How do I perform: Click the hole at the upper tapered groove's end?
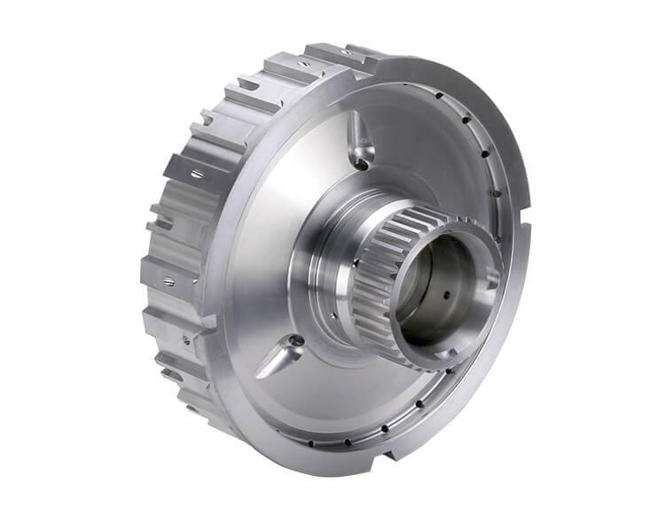pos(361,160)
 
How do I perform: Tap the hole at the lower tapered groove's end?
pos(297,341)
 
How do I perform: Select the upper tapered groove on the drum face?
pos(356,137)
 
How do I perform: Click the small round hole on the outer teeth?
pos(185,339)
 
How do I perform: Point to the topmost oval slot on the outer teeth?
pos(304,64)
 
